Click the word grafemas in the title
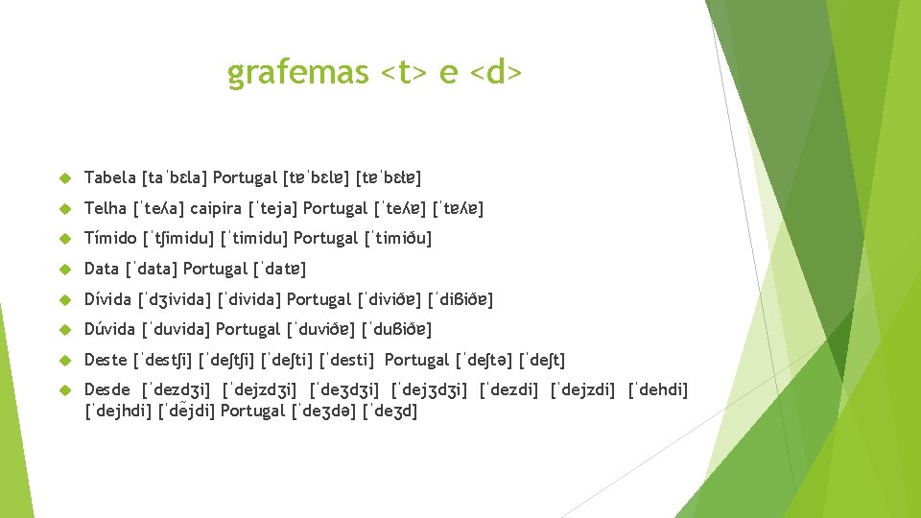pyautogui.click(x=297, y=73)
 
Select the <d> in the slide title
pyautogui.click(x=497, y=73)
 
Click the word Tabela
pyautogui.click(x=110, y=177)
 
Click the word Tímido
pyautogui.click(x=110, y=238)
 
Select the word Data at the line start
pyautogui.click(x=102, y=269)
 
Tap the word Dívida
pyautogui.click(x=109, y=299)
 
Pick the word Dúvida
pyautogui.click(x=110, y=329)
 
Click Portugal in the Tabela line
pyautogui.click(x=246, y=177)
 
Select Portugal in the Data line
pyautogui.click(x=216, y=269)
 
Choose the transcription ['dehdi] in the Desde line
pyautogui.click(x=658, y=390)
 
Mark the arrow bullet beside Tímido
pyautogui.click(x=65, y=239)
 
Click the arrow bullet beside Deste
pyautogui.click(x=65, y=361)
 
